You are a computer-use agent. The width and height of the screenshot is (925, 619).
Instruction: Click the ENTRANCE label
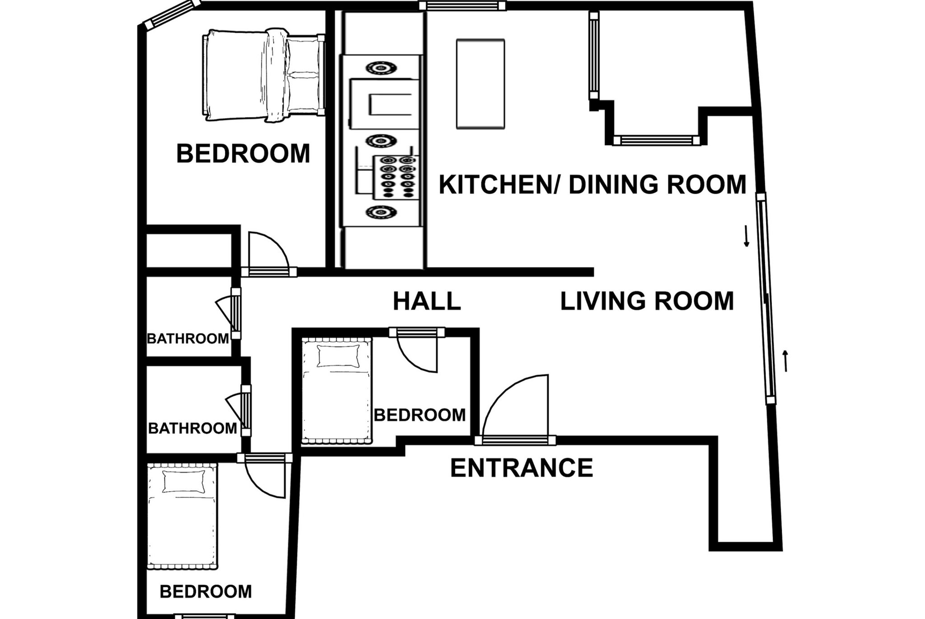pyautogui.click(x=522, y=468)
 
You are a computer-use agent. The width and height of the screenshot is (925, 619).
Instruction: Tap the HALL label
pyautogui.click(x=427, y=301)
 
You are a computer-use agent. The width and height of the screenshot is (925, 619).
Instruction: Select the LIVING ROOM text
pyautogui.click(x=647, y=301)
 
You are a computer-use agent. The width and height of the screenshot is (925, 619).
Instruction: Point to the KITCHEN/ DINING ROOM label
pyautogui.click(x=593, y=184)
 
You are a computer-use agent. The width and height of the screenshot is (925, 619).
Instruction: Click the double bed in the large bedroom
pyautogui.click(x=263, y=75)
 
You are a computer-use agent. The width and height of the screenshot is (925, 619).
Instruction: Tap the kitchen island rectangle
pyautogui.click(x=481, y=84)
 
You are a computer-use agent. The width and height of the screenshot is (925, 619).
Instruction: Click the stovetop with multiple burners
pyautogui.click(x=396, y=177)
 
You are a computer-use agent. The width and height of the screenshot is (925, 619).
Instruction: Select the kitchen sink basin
pyautogui.click(x=384, y=104)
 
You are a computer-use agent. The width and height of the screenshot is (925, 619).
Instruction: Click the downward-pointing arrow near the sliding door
pyautogui.click(x=747, y=236)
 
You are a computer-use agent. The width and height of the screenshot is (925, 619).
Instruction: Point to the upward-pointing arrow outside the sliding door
pyautogui.click(x=785, y=361)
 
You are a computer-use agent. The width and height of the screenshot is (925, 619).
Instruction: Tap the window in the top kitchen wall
pyautogui.click(x=462, y=5)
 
